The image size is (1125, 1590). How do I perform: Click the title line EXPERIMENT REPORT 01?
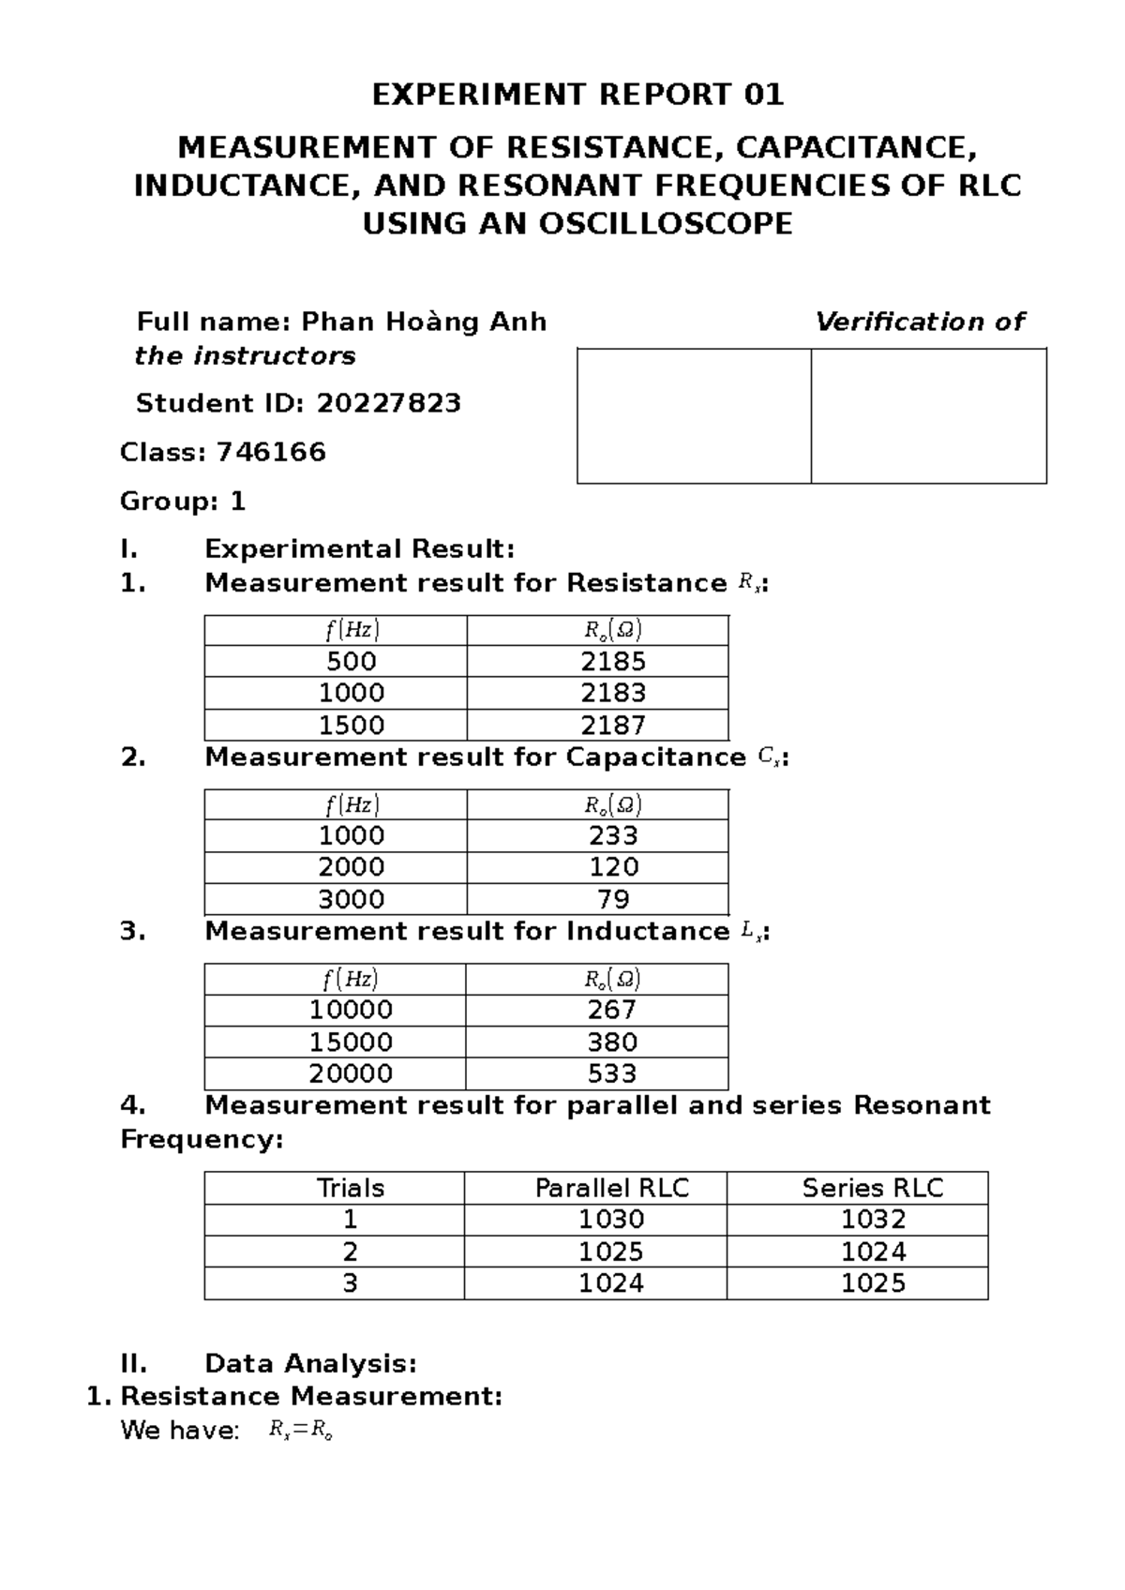577,95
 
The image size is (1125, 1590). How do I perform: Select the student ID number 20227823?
388,404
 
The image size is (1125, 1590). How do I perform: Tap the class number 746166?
271,453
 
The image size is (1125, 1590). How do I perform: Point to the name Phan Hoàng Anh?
424,322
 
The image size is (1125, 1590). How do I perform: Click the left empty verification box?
694,416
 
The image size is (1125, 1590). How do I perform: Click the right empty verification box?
928,416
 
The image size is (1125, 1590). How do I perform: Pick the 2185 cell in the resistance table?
613,662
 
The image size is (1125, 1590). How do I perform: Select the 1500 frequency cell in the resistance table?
352,726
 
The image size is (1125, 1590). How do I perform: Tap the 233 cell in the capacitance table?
613,835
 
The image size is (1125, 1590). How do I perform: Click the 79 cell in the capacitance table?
613,900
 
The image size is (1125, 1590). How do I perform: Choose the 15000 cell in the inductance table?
352,1042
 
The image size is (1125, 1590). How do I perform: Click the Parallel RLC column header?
611,1189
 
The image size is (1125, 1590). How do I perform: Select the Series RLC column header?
872,1189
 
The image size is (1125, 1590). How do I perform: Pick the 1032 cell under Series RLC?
873,1220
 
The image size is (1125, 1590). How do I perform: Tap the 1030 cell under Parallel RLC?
611,1220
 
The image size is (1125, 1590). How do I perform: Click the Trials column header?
351,1189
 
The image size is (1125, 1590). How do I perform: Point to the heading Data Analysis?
310,1363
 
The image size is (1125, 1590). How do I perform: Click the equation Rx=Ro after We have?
301,1432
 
